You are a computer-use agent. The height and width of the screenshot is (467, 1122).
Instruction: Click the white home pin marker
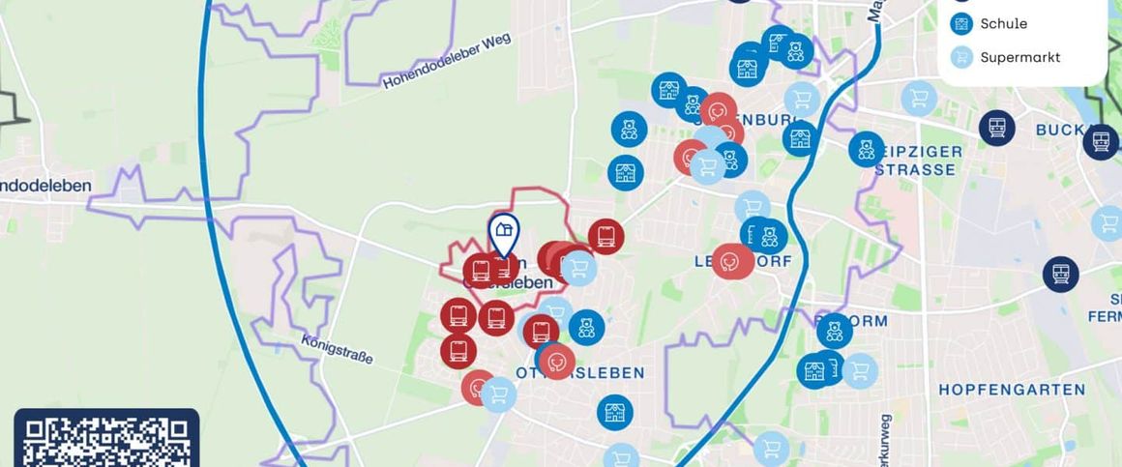click(503, 233)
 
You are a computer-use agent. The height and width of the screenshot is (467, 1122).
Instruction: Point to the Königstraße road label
click(337, 349)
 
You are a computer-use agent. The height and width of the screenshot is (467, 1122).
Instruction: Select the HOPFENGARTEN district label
click(1012, 390)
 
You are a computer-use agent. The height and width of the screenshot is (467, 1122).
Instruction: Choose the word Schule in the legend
click(1003, 23)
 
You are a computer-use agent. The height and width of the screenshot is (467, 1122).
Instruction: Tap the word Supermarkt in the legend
click(1019, 57)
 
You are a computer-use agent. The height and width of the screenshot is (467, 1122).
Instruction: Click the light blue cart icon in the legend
click(961, 57)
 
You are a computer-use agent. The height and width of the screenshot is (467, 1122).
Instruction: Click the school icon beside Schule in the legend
click(961, 23)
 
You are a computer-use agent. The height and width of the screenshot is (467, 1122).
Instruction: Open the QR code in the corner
click(106, 440)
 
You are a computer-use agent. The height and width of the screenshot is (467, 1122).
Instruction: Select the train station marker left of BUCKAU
click(996, 128)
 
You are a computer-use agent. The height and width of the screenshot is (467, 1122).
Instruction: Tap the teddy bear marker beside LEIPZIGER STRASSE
click(867, 149)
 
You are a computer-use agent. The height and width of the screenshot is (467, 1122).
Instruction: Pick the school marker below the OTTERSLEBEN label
click(614, 413)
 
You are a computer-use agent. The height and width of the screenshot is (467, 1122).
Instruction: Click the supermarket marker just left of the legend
click(919, 98)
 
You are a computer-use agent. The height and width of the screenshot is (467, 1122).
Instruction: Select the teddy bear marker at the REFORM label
click(835, 331)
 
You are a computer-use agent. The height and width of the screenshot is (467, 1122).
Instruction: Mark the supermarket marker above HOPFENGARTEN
click(859, 369)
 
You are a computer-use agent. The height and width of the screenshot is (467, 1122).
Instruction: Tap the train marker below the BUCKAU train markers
click(1060, 274)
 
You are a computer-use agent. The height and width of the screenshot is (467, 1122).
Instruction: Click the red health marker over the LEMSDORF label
click(732, 260)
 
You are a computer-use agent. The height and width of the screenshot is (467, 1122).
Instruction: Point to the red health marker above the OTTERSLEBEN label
click(557, 362)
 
